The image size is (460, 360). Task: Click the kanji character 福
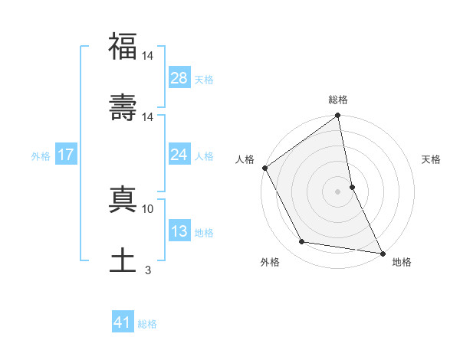point(123,47)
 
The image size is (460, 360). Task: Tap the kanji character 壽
point(123,107)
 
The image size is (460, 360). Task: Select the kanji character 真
point(123,198)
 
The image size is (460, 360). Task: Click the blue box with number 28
point(179,78)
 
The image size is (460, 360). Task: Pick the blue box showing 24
point(179,155)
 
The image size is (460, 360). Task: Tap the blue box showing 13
point(179,231)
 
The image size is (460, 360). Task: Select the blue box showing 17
point(65,155)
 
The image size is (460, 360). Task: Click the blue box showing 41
point(123,323)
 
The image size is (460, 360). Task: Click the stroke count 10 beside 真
point(148,208)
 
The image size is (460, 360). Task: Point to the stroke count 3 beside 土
point(148,270)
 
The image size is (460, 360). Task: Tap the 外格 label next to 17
point(41,155)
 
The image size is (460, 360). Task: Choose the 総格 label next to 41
point(147,324)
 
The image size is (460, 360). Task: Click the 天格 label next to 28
point(204,79)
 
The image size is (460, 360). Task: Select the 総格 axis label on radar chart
point(338,100)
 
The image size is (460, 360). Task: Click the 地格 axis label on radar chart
point(402,262)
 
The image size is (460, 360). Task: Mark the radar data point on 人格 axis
point(265,168)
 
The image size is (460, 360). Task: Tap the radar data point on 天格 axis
point(352,186)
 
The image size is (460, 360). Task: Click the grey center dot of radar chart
point(338,191)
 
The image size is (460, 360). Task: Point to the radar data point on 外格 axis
point(302,242)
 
